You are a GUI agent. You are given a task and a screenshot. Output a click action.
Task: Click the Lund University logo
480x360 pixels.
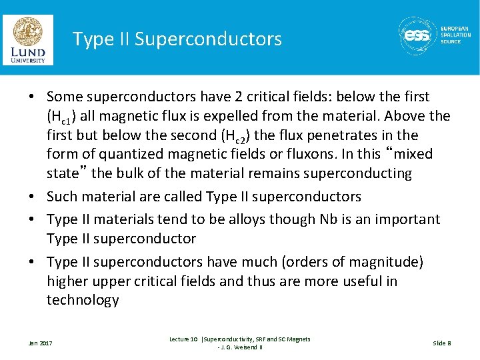tap(28, 39)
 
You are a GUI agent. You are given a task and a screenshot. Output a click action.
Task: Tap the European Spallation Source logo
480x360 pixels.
tap(434, 35)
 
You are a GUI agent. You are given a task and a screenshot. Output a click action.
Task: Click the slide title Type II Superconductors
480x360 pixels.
tap(177, 39)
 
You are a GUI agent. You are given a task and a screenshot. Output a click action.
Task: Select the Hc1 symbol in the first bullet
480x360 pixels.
tap(62, 117)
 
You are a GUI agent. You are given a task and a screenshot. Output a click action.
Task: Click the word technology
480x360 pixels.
tap(83, 301)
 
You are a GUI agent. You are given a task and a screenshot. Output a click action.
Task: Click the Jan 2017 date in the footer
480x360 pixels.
tap(40, 343)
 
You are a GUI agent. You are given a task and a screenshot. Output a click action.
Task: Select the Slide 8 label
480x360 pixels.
tap(442, 343)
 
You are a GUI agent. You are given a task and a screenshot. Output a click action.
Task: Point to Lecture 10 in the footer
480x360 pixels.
tap(183, 339)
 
